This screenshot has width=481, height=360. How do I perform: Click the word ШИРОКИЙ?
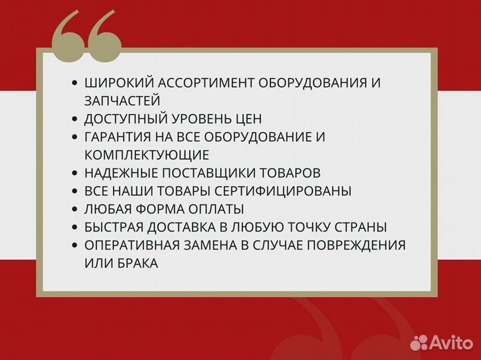pyautogui.click(x=114, y=83)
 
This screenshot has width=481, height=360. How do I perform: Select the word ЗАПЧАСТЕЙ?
pyautogui.click(x=122, y=101)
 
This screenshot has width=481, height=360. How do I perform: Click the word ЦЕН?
pyautogui.click(x=248, y=119)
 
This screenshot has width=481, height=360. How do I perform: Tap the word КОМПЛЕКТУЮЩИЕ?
pyautogui.click(x=147, y=155)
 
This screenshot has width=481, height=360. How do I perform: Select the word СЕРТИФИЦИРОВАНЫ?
pyautogui.click(x=289, y=191)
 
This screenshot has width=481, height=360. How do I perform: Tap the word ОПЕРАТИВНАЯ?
pyautogui.click(x=128, y=245)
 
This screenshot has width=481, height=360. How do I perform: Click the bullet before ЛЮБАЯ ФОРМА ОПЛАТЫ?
pyautogui.click(x=75, y=209)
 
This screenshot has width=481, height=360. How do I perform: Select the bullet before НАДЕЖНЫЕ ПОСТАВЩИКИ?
pyautogui.click(x=75, y=173)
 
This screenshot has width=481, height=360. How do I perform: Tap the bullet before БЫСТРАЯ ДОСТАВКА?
pyautogui.click(x=75, y=227)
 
